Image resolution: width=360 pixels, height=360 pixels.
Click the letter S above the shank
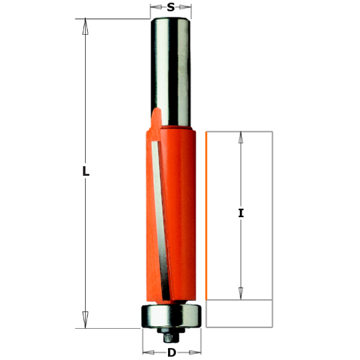point(171,8)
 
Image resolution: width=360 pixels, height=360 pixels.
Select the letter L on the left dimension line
point(86,172)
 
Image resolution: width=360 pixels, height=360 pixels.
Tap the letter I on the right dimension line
point(241,213)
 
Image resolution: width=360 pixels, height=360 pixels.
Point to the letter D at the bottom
point(171,353)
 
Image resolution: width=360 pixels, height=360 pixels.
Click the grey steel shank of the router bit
point(170,66)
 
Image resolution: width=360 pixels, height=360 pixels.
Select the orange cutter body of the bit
point(180,210)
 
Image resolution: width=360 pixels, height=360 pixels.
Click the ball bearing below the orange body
point(170,316)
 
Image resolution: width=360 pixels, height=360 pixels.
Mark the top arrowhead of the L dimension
point(86,26)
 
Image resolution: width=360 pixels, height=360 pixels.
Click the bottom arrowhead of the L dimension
point(86,320)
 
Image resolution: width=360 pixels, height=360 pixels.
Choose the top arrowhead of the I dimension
point(241,137)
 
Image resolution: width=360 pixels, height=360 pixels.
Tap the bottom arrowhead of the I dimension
point(241,293)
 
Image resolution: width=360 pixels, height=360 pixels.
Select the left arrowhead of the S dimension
point(155,8)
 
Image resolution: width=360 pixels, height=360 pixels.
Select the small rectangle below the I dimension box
point(239,314)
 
